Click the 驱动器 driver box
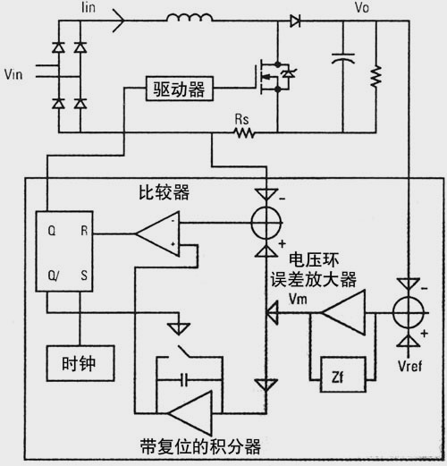point(180,89)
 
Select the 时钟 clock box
point(80,363)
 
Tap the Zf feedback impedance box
point(343,375)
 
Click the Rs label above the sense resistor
point(241,120)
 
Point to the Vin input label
point(13,74)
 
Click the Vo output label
point(362,7)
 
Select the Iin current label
point(89,7)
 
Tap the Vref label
point(409,366)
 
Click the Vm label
point(298,299)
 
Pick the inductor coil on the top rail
point(190,17)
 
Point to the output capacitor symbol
point(343,58)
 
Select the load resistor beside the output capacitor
point(376,77)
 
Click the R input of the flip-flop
point(84,231)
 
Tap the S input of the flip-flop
point(84,275)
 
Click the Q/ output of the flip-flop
point(54,275)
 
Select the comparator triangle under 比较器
point(157,234)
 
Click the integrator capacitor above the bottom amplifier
point(184,379)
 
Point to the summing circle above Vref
point(409,313)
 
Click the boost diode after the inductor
point(295,21)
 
